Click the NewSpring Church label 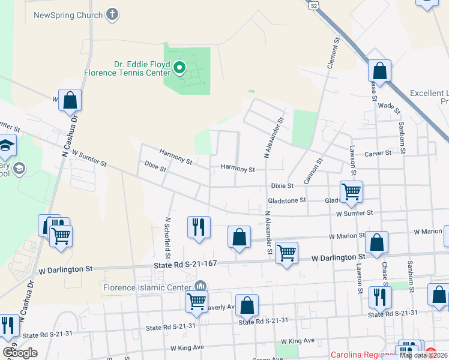point(68,14)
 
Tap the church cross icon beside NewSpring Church point(112,14)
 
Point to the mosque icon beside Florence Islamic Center point(200,286)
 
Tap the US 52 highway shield point(314,5)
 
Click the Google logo point(20,353)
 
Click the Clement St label point(332,51)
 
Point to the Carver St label point(378,154)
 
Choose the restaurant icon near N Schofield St point(199,227)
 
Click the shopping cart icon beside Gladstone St point(351,191)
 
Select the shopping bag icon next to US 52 point(379,71)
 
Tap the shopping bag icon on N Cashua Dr point(70,101)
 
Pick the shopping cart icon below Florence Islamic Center point(197,302)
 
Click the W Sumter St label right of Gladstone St point(354,213)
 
